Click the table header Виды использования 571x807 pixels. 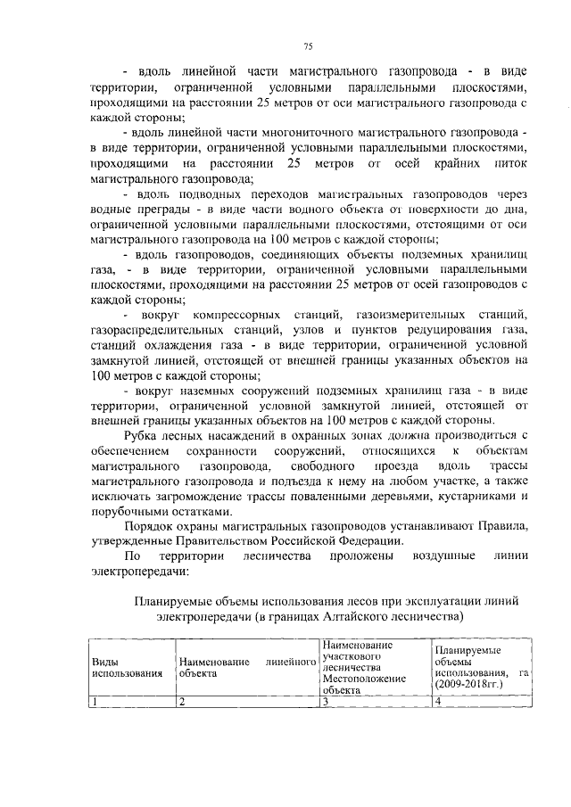pos(126,668)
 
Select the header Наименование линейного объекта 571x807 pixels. pos(248,668)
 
